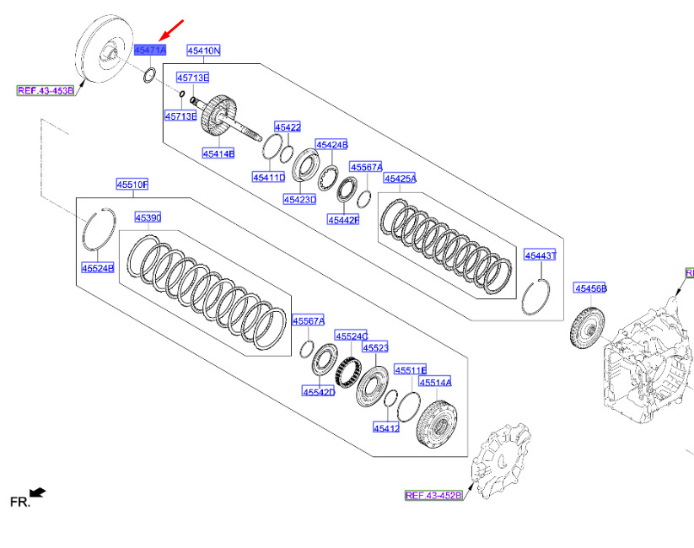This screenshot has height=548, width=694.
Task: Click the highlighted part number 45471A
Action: [150, 51]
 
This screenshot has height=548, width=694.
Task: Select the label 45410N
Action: [203, 51]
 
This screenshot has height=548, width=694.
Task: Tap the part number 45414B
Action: [218, 153]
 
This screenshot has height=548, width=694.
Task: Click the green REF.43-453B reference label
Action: [46, 89]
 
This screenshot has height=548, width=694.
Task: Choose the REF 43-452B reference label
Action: [433, 495]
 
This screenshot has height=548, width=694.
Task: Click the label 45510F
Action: [132, 184]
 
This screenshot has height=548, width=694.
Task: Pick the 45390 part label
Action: [148, 218]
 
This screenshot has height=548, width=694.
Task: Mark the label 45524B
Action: [97, 267]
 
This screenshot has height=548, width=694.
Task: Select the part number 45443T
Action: [541, 255]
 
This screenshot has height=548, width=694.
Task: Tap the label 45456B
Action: [590, 288]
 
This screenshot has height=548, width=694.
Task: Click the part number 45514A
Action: [436, 382]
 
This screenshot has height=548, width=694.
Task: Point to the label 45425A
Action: [401, 179]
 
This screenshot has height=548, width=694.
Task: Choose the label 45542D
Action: [320, 391]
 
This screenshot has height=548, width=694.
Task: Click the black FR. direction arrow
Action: [37, 492]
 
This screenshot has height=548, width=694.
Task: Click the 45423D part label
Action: [299, 200]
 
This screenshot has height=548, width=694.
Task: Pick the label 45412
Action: [386, 428]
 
